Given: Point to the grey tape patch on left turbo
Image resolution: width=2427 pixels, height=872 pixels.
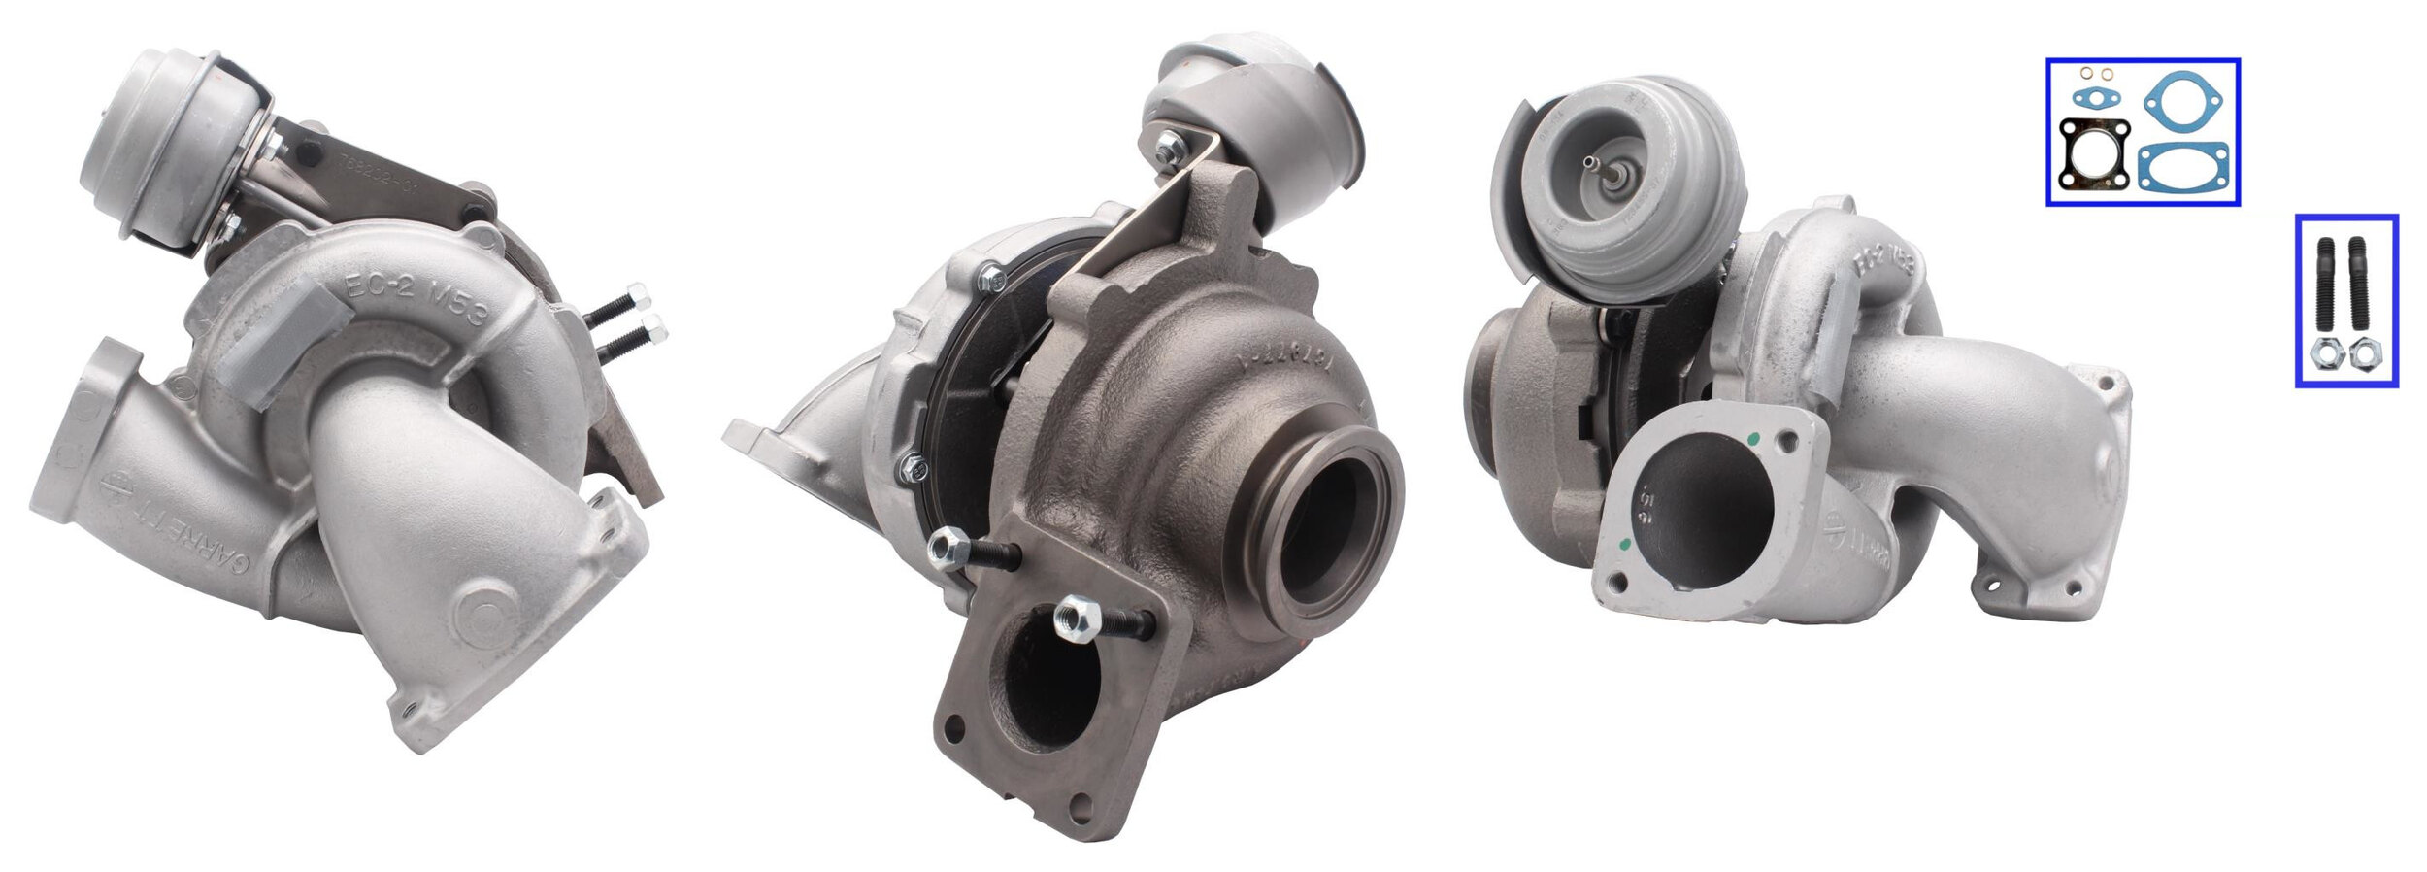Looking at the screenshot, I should (x=282, y=350).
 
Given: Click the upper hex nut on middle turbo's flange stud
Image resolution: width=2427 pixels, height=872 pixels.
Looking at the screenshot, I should (x=946, y=551).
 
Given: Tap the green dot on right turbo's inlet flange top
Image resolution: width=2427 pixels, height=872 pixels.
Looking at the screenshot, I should (x=1752, y=440).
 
